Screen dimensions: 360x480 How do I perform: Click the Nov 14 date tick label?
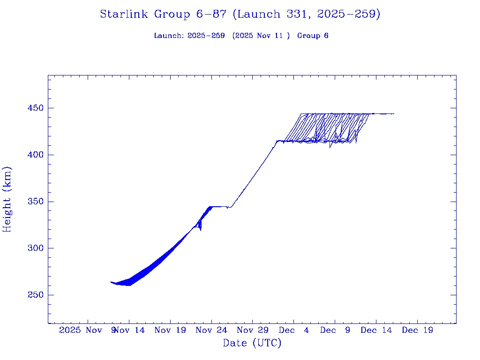pyautogui.click(x=130, y=330)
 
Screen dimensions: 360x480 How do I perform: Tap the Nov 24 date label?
pyautogui.click(x=211, y=330)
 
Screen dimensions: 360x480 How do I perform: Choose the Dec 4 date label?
pyautogui.click(x=294, y=330)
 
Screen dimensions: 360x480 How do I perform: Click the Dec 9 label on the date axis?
pyautogui.click(x=335, y=330)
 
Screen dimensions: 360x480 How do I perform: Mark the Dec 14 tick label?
pyautogui.click(x=376, y=330)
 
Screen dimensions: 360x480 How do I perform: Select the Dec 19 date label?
pyautogui.click(x=417, y=330)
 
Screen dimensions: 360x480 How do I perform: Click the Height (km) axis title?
pyautogui.click(x=7, y=199)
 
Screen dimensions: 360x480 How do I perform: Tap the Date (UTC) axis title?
pyautogui.click(x=252, y=343)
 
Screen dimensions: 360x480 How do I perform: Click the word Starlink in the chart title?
pyautogui.click(x=125, y=15)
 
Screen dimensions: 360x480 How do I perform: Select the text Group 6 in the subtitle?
pyautogui.click(x=313, y=36)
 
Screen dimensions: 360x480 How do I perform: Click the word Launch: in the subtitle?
pyautogui.click(x=169, y=36)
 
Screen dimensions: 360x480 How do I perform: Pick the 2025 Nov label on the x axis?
pyautogui.click(x=81, y=330)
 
